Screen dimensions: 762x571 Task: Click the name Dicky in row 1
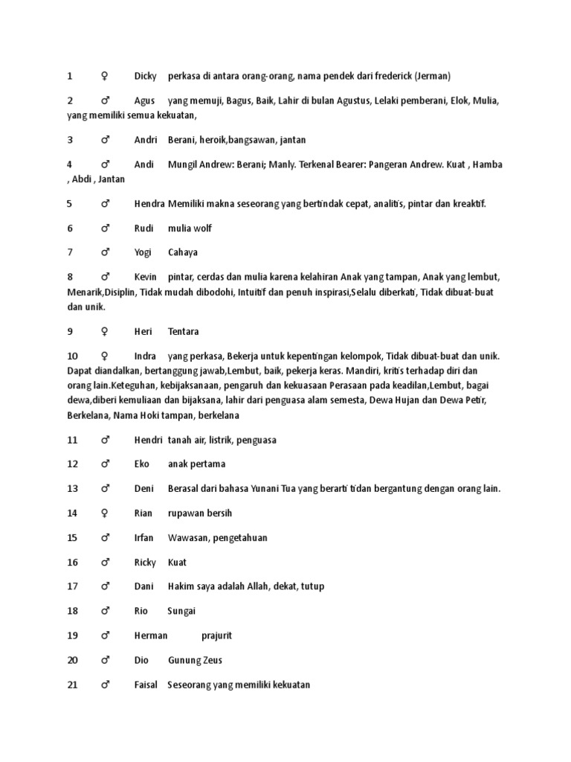coord(146,76)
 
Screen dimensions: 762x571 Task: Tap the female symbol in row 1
coord(105,76)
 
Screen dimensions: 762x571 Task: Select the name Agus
coord(145,100)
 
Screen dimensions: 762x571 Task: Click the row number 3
coord(70,140)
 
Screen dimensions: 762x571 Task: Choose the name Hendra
coord(149,204)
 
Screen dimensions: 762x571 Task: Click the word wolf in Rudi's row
coord(203,228)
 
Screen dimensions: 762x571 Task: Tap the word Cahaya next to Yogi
coord(183,252)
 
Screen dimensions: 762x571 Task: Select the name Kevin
coord(146,277)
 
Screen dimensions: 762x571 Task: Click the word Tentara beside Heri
coord(184,332)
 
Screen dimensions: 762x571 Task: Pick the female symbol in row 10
coord(105,356)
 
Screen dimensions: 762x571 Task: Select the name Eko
coord(142,464)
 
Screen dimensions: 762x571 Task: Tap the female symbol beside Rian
coord(105,513)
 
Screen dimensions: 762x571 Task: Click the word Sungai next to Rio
coord(181,611)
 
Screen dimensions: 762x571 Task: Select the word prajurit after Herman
coord(217,635)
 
